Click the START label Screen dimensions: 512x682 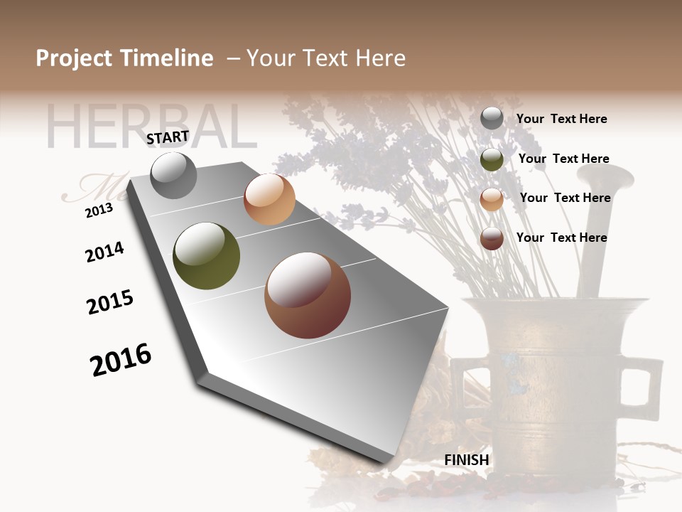click(x=168, y=137)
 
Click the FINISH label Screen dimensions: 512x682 click(x=467, y=460)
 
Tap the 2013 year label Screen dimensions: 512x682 click(x=99, y=210)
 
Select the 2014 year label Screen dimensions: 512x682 click(x=104, y=252)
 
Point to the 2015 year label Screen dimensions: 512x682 click(x=110, y=302)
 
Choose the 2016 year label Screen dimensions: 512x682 click(x=121, y=360)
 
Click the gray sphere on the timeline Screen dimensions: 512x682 click(x=173, y=175)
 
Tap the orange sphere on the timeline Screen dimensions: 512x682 click(x=269, y=199)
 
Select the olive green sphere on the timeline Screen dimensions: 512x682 click(x=206, y=256)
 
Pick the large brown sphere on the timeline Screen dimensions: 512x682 click(x=308, y=295)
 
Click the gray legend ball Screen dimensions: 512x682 click(x=492, y=118)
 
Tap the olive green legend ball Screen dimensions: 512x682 click(x=492, y=159)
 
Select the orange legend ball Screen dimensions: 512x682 click(x=492, y=199)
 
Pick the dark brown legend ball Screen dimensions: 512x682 click(x=492, y=238)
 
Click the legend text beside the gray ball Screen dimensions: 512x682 click(x=561, y=119)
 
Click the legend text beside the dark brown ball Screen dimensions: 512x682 click(x=561, y=238)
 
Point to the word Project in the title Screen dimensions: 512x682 click(x=74, y=58)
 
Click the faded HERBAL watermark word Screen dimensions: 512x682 click(x=150, y=127)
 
